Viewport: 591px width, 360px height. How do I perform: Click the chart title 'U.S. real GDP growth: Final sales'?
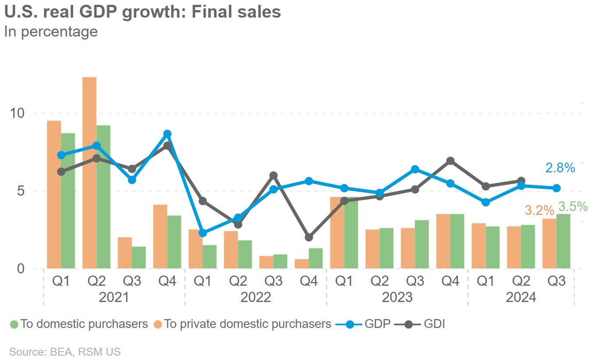point(142,12)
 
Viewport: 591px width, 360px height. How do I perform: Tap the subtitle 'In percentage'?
point(51,32)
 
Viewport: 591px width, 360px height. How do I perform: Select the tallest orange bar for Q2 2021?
point(89,173)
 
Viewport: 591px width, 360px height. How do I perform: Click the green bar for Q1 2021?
point(68,201)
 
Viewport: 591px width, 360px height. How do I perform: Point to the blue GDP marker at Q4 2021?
point(167,134)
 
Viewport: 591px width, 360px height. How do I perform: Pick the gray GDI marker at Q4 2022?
point(309,237)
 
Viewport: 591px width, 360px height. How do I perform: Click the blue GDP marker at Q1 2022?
point(203,233)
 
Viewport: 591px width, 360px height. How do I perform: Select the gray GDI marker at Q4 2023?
point(450,161)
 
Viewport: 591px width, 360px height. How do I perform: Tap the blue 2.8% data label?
point(560,168)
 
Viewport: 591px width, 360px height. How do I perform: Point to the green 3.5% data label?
point(573,206)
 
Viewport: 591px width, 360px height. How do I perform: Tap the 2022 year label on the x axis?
point(256,297)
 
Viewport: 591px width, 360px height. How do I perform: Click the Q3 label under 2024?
point(556,281)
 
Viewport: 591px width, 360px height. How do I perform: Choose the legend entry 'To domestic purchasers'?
point(79,324)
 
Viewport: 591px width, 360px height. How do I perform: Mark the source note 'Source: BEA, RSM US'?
point(64,352)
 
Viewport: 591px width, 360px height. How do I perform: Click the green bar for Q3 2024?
point(563,241)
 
